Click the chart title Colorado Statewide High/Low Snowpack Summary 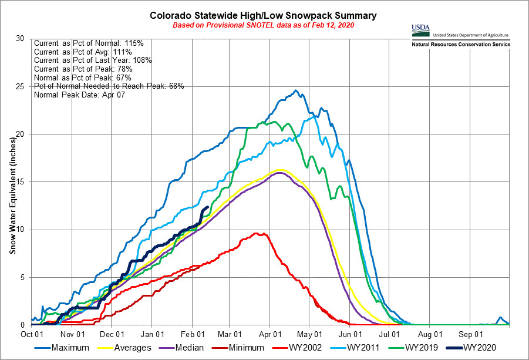(262, 15)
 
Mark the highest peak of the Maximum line (296, 90)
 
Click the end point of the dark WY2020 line (208, 207)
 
